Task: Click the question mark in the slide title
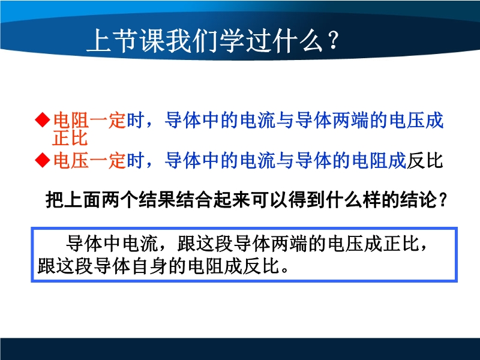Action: pyautogui.click(x=333, y=40)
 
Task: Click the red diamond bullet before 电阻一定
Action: pyautogui.click(x=43, y=119)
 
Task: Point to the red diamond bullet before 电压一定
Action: pyautogui.click(x=43, y=160)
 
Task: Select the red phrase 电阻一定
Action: pyautogui.click(x=89, y=120)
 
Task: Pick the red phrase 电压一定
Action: pyautogui.click(x=89, y=160)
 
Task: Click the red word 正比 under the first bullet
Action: pyautogui.click(x=70, y=138)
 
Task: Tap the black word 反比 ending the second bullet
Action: pyautogui.click(x=425, y=160)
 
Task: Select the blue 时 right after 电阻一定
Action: pyautogui.click(x=136, y=120)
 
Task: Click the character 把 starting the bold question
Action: pyautogui.click(x=55, y=200)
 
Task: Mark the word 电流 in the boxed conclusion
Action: pyautogui.click(x=140, y=244)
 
